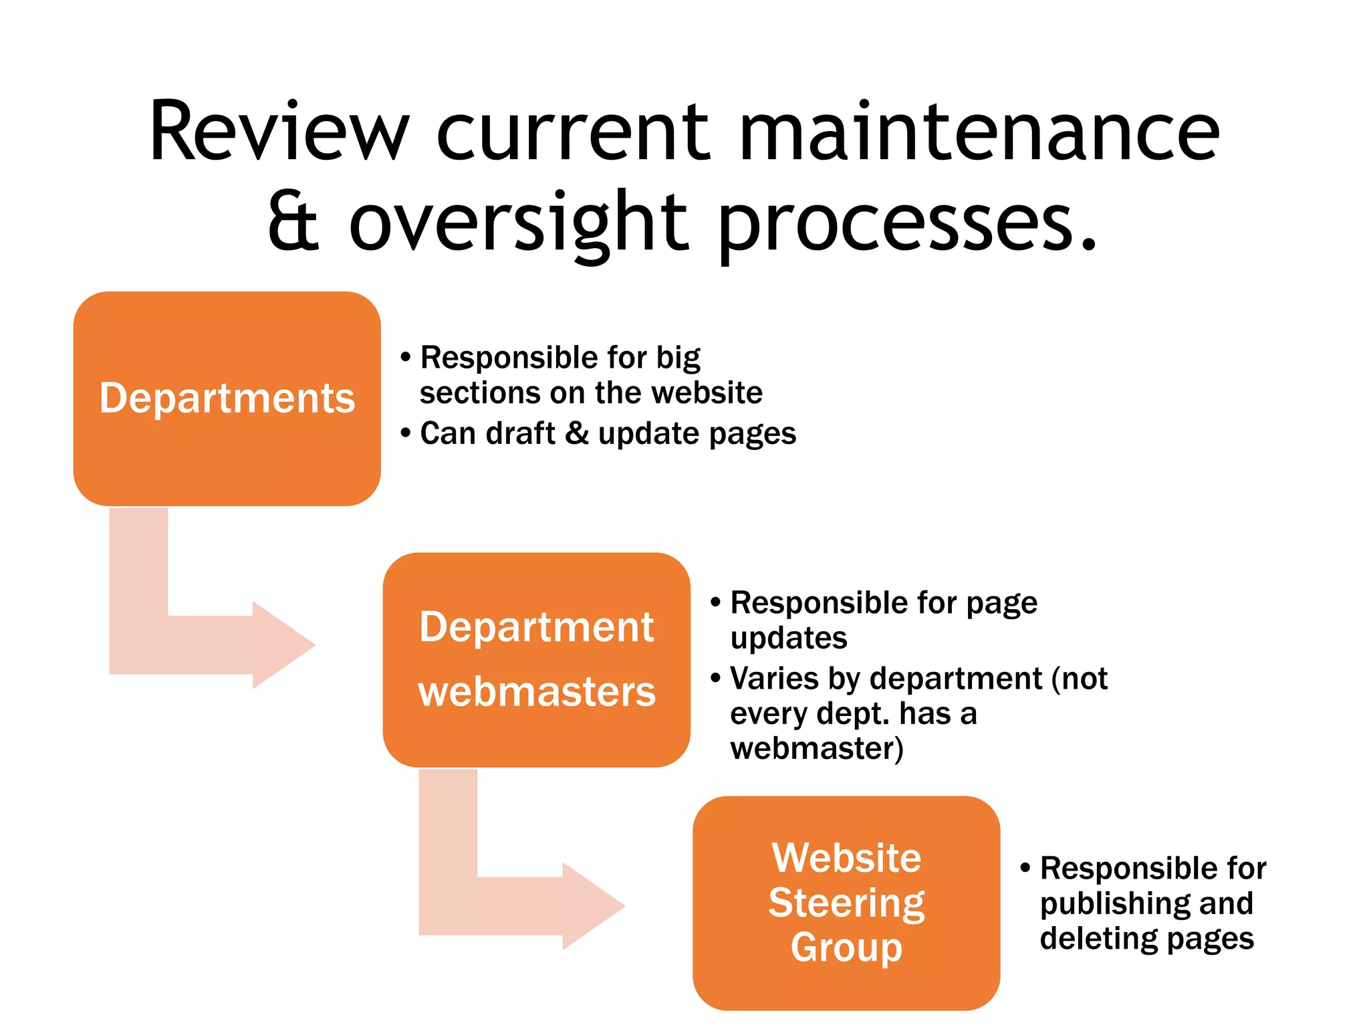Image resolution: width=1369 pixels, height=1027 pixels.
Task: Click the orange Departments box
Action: pyautogui.click(x=227, y=398)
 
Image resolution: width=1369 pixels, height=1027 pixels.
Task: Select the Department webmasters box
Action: pyautogui.click(x=536, y=659)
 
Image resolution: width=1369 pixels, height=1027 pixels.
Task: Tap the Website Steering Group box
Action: pyautogui.click(x=846, y=903)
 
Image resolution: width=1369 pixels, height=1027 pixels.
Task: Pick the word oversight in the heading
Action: pyautogui.click(x=517, y=223)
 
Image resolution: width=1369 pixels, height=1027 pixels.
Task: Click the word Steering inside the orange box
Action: pyautogui.click(x=846, y=903)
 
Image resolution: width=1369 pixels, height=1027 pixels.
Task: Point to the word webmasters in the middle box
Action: pyautogui.click(x=537, y=691)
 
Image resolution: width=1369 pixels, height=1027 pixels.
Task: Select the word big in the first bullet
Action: pyautogui.click(x=678, y=358)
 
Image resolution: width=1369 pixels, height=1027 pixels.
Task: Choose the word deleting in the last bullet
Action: pyautogui.click(x=1096, y=938)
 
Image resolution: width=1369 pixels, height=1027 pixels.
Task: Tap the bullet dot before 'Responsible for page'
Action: pyautogui.click(x=715, y=602)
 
